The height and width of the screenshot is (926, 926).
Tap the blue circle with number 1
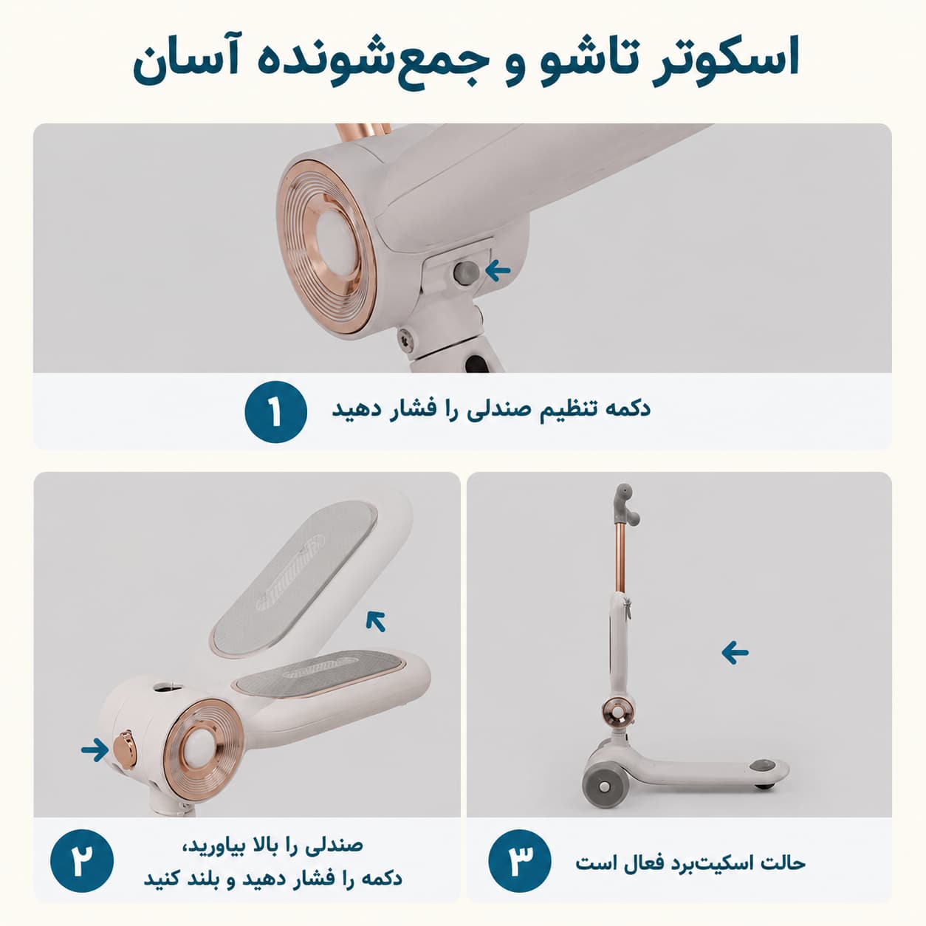[x=276, y=411]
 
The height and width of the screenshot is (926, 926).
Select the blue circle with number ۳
[x=520, y=860]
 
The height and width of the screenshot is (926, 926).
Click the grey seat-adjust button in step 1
[x=466, y=272]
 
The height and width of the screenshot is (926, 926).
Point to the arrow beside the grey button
[x=498, y=271]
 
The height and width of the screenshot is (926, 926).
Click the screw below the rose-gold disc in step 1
[x=405, y=340]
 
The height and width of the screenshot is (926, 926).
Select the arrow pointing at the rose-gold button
[x=95, y=750]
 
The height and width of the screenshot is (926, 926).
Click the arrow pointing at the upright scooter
[x=735, y=652]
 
